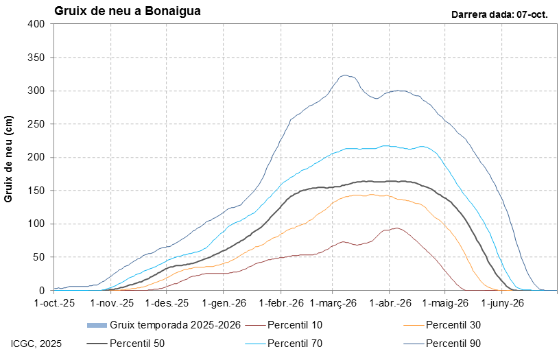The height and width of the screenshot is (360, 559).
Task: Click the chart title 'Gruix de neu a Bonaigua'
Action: tap(127, 11)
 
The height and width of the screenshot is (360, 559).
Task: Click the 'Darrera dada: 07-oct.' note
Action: tap(499, 14)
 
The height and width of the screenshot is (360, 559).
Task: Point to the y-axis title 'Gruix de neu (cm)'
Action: tap(10, 158)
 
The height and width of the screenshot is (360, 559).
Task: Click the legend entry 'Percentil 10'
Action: tap(294, 324)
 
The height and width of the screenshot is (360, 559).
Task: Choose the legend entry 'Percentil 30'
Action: tap(453, 324)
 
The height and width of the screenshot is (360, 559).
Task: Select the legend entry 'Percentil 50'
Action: tap(136, 343)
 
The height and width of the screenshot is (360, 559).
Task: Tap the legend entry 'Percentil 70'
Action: tap(294, 343)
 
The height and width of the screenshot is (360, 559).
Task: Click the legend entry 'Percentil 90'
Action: tap(453, 343)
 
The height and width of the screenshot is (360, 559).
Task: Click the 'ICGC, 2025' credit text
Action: tap(36, 343)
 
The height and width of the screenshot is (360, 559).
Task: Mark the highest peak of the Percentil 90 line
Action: tap(345, 75)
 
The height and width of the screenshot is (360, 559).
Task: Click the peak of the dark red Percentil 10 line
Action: tap(396, 228)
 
